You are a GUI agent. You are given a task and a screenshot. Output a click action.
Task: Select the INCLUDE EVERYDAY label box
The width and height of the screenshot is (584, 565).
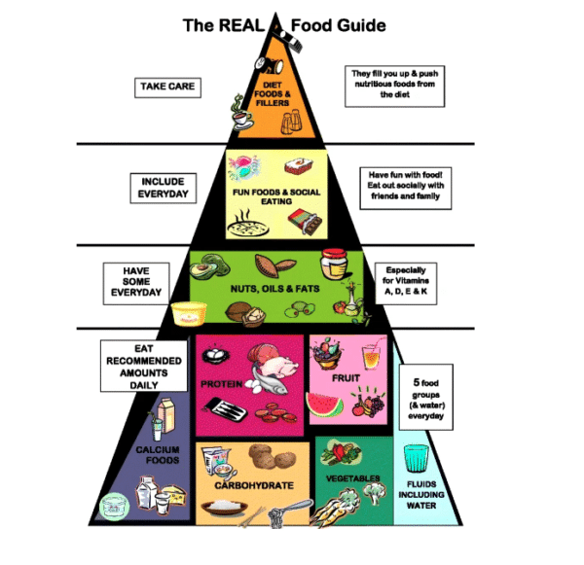click(x=163, y=188)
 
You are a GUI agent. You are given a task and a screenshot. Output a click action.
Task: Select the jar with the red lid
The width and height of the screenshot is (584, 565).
click(x=334, y=267)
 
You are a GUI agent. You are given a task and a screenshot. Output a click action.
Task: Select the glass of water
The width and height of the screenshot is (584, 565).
click(x=416, y=458)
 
